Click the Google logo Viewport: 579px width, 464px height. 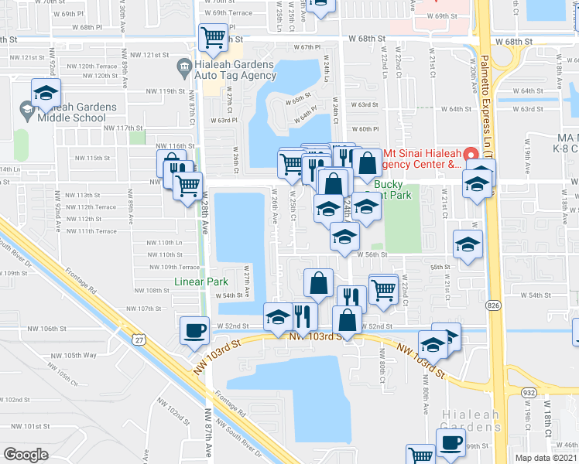(26, 455)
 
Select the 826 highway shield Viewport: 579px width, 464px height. (493, 307)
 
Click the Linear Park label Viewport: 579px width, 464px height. (200, 282)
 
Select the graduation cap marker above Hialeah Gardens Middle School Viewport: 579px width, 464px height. (46, 95)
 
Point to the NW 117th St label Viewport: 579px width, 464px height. (118, 128)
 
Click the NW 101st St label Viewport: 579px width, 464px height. (42, 426)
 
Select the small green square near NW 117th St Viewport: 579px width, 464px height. (138, 138)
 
